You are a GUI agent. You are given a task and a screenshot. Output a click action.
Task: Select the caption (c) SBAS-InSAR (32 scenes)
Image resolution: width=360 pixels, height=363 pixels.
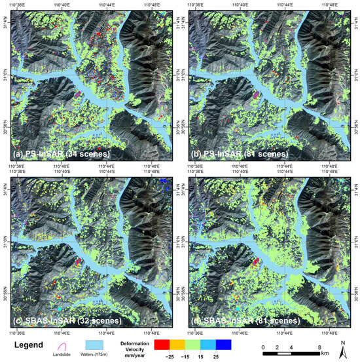coord(57,321)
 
